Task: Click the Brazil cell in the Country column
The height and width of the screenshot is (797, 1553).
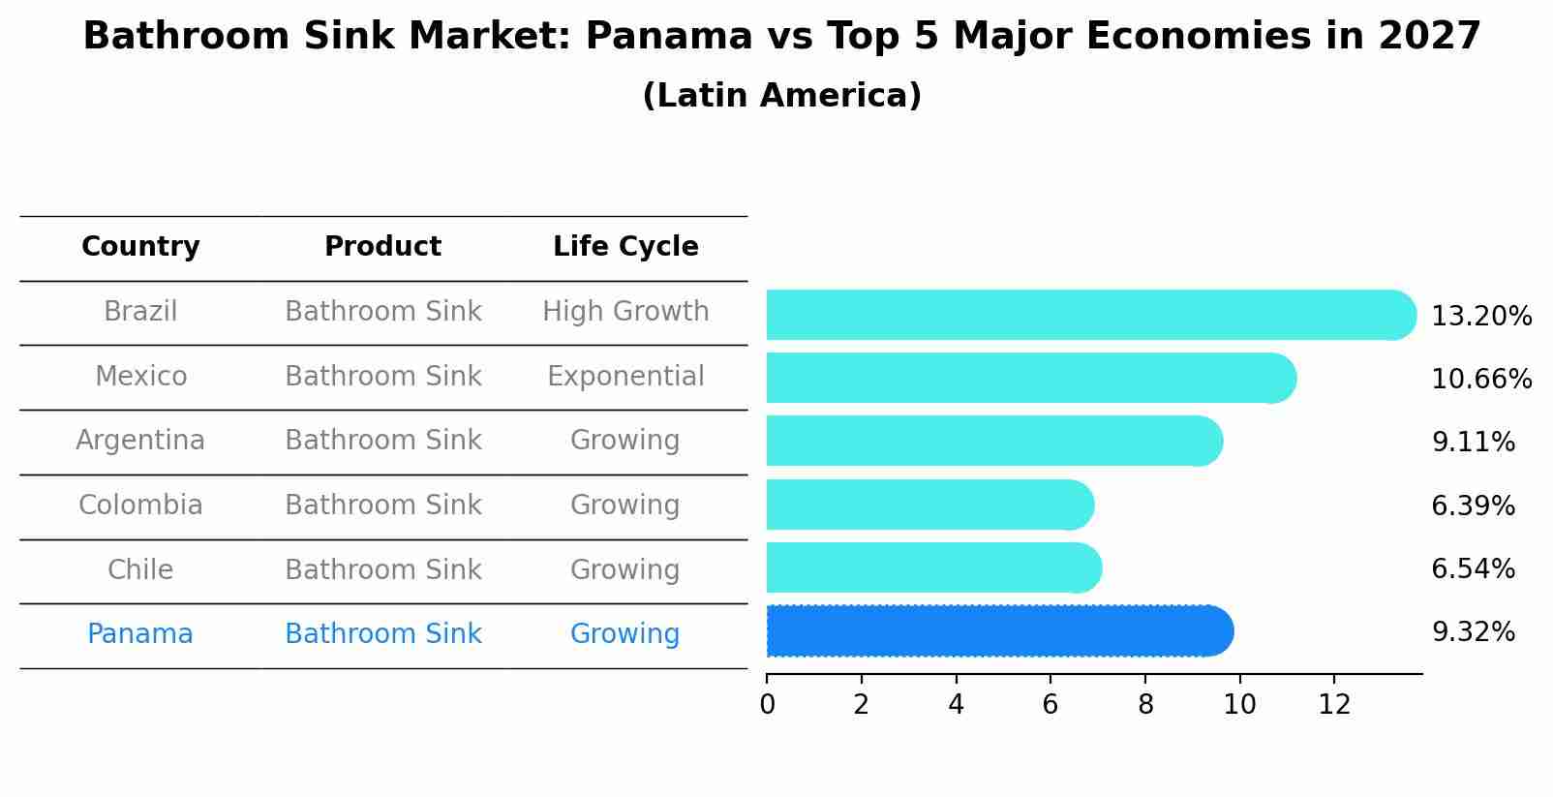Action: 140,312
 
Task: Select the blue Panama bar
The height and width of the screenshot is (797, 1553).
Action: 997,631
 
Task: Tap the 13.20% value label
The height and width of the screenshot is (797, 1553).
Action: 1480,317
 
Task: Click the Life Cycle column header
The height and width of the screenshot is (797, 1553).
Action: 625,247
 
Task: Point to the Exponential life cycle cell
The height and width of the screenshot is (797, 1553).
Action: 625,377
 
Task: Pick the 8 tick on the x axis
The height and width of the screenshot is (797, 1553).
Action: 1145,705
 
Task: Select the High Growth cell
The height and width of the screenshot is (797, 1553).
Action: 625,312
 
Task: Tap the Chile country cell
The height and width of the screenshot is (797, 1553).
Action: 140,570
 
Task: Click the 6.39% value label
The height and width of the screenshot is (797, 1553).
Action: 1473,506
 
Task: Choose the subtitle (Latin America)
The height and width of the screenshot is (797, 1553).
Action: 781,96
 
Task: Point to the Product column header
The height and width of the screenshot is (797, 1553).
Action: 382,247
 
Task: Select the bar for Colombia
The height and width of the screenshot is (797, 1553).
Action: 929,505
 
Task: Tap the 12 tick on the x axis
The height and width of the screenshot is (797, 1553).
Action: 1334,705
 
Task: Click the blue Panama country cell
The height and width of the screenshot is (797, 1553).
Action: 140,634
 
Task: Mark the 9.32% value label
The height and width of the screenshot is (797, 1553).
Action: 1473,632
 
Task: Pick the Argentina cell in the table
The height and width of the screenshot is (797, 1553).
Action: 140,441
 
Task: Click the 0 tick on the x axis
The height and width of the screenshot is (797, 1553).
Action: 768,705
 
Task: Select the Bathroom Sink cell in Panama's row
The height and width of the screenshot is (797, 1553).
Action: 382,634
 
